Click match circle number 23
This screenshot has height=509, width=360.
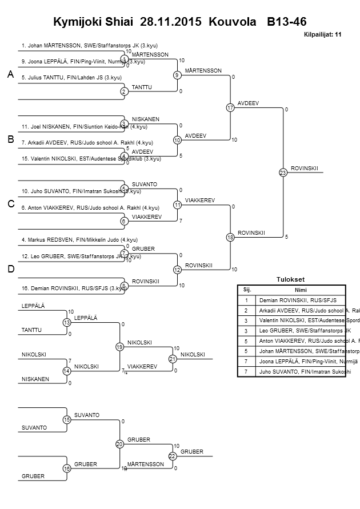coord(282,173)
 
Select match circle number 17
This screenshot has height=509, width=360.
coord(230,107)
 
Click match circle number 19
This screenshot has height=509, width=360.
coord(120,347)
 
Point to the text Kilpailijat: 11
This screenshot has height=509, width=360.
coord(322,35)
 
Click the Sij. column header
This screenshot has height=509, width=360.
coord(247,289)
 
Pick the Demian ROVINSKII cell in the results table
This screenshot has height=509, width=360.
coord(298,300)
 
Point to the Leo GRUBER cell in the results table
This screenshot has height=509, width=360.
coord(297,330)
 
